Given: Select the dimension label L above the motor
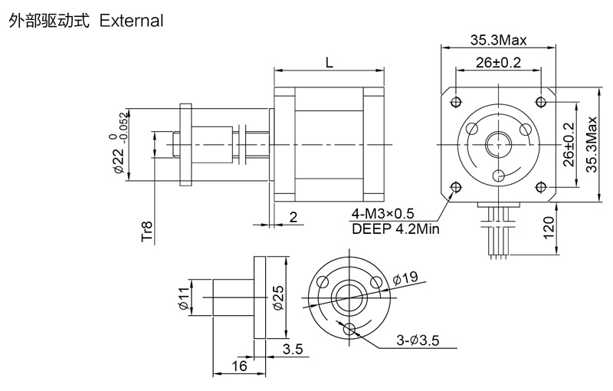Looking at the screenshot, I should click(x=329, y=64).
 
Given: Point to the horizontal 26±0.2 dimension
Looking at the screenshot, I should click(x=498, y=64).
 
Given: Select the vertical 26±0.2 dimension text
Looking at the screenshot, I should click(x=569, y=144).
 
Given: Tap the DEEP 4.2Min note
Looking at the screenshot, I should click(x=395, y=227).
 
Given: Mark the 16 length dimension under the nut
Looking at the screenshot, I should click(x=238, y=366).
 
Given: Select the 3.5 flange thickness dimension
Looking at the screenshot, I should click(x=293, y=350).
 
